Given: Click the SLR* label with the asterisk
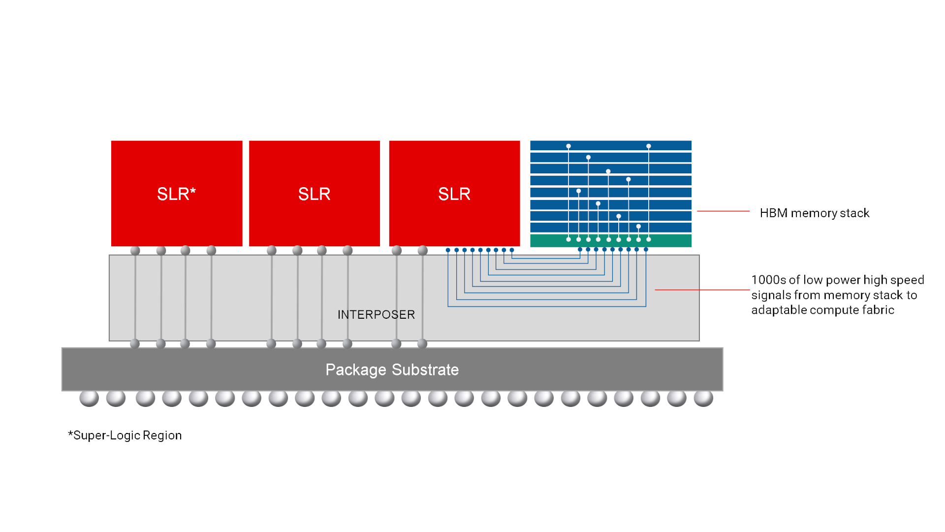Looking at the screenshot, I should tap(176, 194).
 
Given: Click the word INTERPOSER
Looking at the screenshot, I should tap(376, 315).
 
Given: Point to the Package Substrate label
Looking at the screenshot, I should tap(392, 370).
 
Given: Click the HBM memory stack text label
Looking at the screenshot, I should tap(814, 213).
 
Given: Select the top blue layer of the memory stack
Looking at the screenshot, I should tap(610, 145).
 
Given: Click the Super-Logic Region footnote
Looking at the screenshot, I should tap(125, 435).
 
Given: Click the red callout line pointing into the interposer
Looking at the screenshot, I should tap(701, 290).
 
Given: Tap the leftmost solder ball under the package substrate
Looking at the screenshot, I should tap(89, 398).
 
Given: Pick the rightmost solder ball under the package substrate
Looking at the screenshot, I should tap(703, 398).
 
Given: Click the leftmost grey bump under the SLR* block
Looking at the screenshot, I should tap(135, 251).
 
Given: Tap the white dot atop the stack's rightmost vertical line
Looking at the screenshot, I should tap(649, 146).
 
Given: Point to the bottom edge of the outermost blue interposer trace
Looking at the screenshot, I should tap(546, 306).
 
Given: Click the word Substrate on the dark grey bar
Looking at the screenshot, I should tap(425, 370).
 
